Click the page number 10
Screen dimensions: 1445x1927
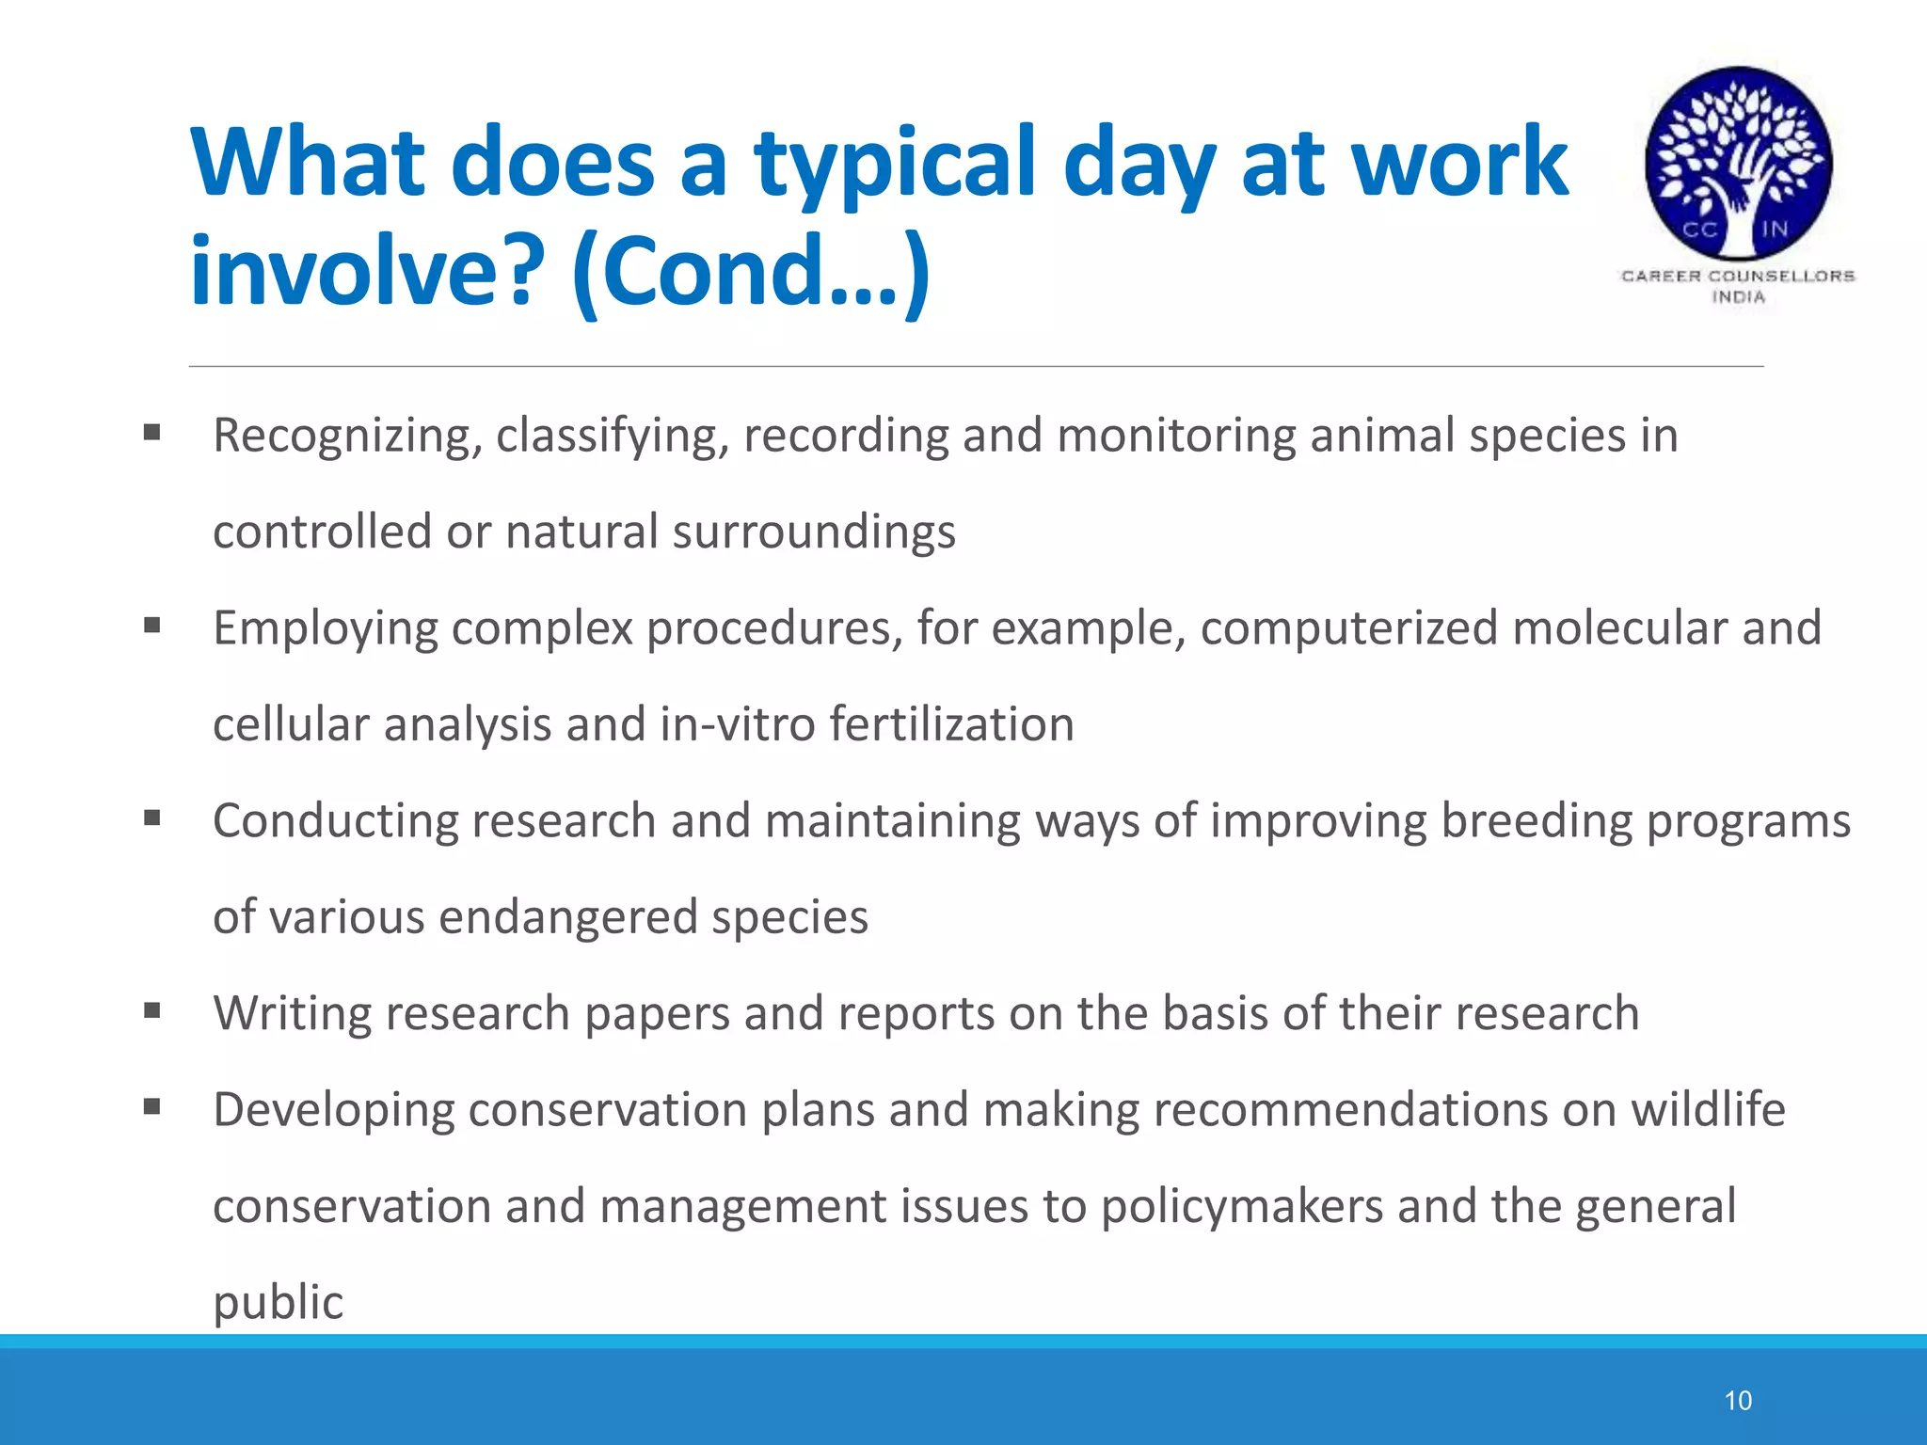[x=1737, y=1401]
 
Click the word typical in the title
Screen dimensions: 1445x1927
[x=898, y=165]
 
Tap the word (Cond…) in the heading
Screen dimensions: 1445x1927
[x=750, y=273]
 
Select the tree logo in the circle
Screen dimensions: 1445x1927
[x=1738, y=162]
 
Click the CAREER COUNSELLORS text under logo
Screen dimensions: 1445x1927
[x=1737, y=276]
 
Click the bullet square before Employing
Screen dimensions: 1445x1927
[x=152, y=625]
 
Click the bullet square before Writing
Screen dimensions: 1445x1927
[x=152, y=1010]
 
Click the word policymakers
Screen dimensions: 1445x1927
[x=1242, y=1207]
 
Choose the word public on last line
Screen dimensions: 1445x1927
[x=278, y=1304]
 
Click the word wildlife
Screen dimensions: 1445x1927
[x=1707, y=1110]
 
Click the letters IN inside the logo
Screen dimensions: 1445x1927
[x=1775, y=229]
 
